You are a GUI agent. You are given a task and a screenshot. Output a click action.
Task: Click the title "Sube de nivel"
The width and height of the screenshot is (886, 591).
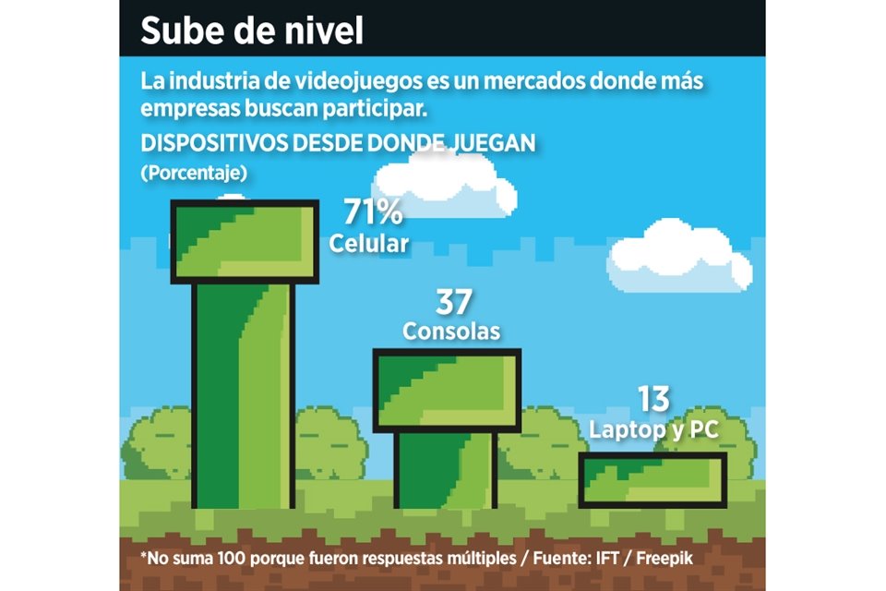(x=252, y=30)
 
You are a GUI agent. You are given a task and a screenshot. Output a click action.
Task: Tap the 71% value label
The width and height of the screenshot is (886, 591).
(x=373, y=213)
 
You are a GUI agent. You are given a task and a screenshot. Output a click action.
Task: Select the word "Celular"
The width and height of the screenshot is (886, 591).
(x=369, y=244)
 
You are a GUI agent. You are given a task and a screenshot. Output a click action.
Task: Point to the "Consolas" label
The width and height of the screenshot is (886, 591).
(x=451, y=331)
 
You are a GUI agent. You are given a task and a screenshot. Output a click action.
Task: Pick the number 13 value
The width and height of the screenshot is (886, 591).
(x=653, y=399)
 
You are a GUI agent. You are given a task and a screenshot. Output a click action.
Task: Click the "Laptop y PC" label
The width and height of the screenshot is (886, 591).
(x=654, y=429)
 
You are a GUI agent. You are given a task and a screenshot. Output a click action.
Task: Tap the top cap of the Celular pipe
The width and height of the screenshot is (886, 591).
(x=245, y=241)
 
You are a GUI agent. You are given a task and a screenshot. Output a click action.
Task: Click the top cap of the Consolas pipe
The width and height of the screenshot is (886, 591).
(x=447, y=389)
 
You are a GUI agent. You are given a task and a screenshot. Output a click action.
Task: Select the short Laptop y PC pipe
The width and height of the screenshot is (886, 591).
(x=653, y=480)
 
